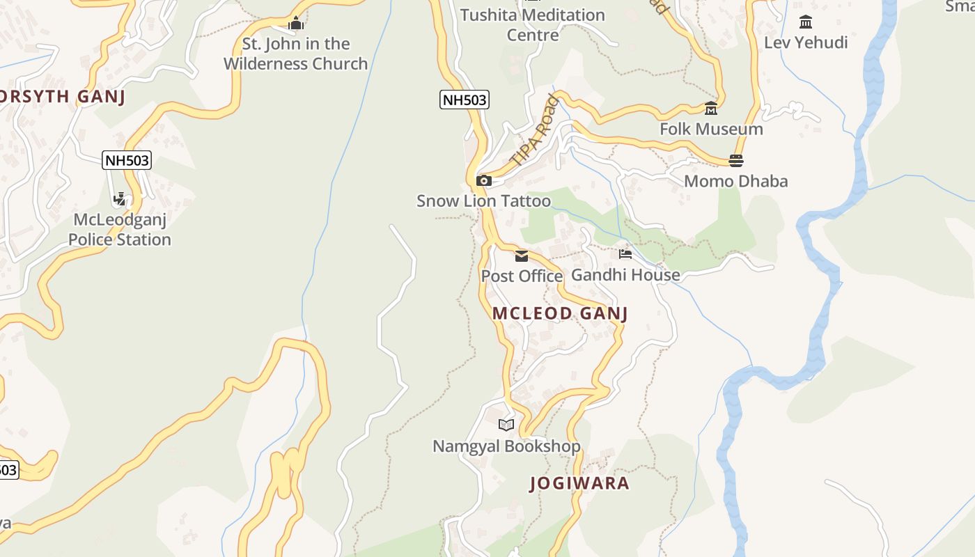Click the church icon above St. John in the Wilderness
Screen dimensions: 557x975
click(296, 24)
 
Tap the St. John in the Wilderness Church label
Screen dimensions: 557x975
click(295, 54)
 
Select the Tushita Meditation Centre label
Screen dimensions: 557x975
click(532, 24)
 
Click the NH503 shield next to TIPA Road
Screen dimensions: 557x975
click(465, 100)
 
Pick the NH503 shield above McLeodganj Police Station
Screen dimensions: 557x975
click(127, 160)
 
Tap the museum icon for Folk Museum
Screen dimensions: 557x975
click(711, 109)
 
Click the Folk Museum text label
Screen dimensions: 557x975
click(711, 129)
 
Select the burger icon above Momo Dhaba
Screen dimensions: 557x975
click(736, 161)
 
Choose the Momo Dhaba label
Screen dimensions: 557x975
click(735, 181)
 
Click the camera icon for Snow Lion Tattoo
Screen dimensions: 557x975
click(484, 181)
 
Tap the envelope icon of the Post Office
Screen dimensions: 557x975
click(522, 256)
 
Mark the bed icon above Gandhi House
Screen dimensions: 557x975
click(625, 254)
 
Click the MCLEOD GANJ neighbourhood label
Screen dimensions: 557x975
click(560, 313)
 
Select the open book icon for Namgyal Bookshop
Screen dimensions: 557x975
click(506, 425)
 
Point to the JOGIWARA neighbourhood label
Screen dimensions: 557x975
click(579, 483)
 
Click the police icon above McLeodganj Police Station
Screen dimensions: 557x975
click(120, 199)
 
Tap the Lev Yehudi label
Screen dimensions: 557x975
click(806, 42)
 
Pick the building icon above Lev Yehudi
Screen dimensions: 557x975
click(806, 22)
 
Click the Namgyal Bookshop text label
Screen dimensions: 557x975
click(506, 446)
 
